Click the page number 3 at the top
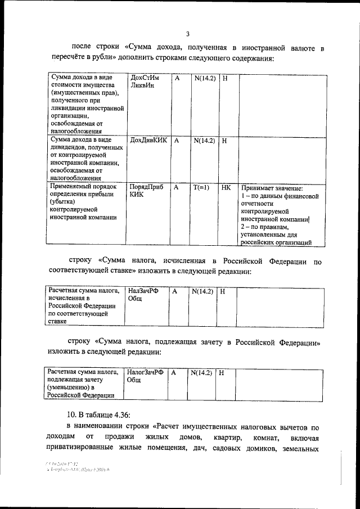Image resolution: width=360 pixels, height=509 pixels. click(x=187, y=33)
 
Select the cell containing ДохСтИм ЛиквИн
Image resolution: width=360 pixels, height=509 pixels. click(x=145, y=82)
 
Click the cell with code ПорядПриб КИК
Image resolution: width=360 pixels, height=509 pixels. click(x=146, y=192)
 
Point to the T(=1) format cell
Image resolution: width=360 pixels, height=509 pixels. click(x=201, y=188)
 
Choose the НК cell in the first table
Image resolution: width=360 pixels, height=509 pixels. click(x=226, y=188)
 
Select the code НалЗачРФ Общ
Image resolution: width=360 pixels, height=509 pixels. click(x=143, y=295)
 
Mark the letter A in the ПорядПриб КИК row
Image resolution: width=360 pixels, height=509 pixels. click(x=177, y=188)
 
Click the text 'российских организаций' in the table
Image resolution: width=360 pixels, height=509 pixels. click(x=276, y=243)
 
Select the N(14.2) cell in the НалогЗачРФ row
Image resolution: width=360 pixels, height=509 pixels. click(x=201, y=372)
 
